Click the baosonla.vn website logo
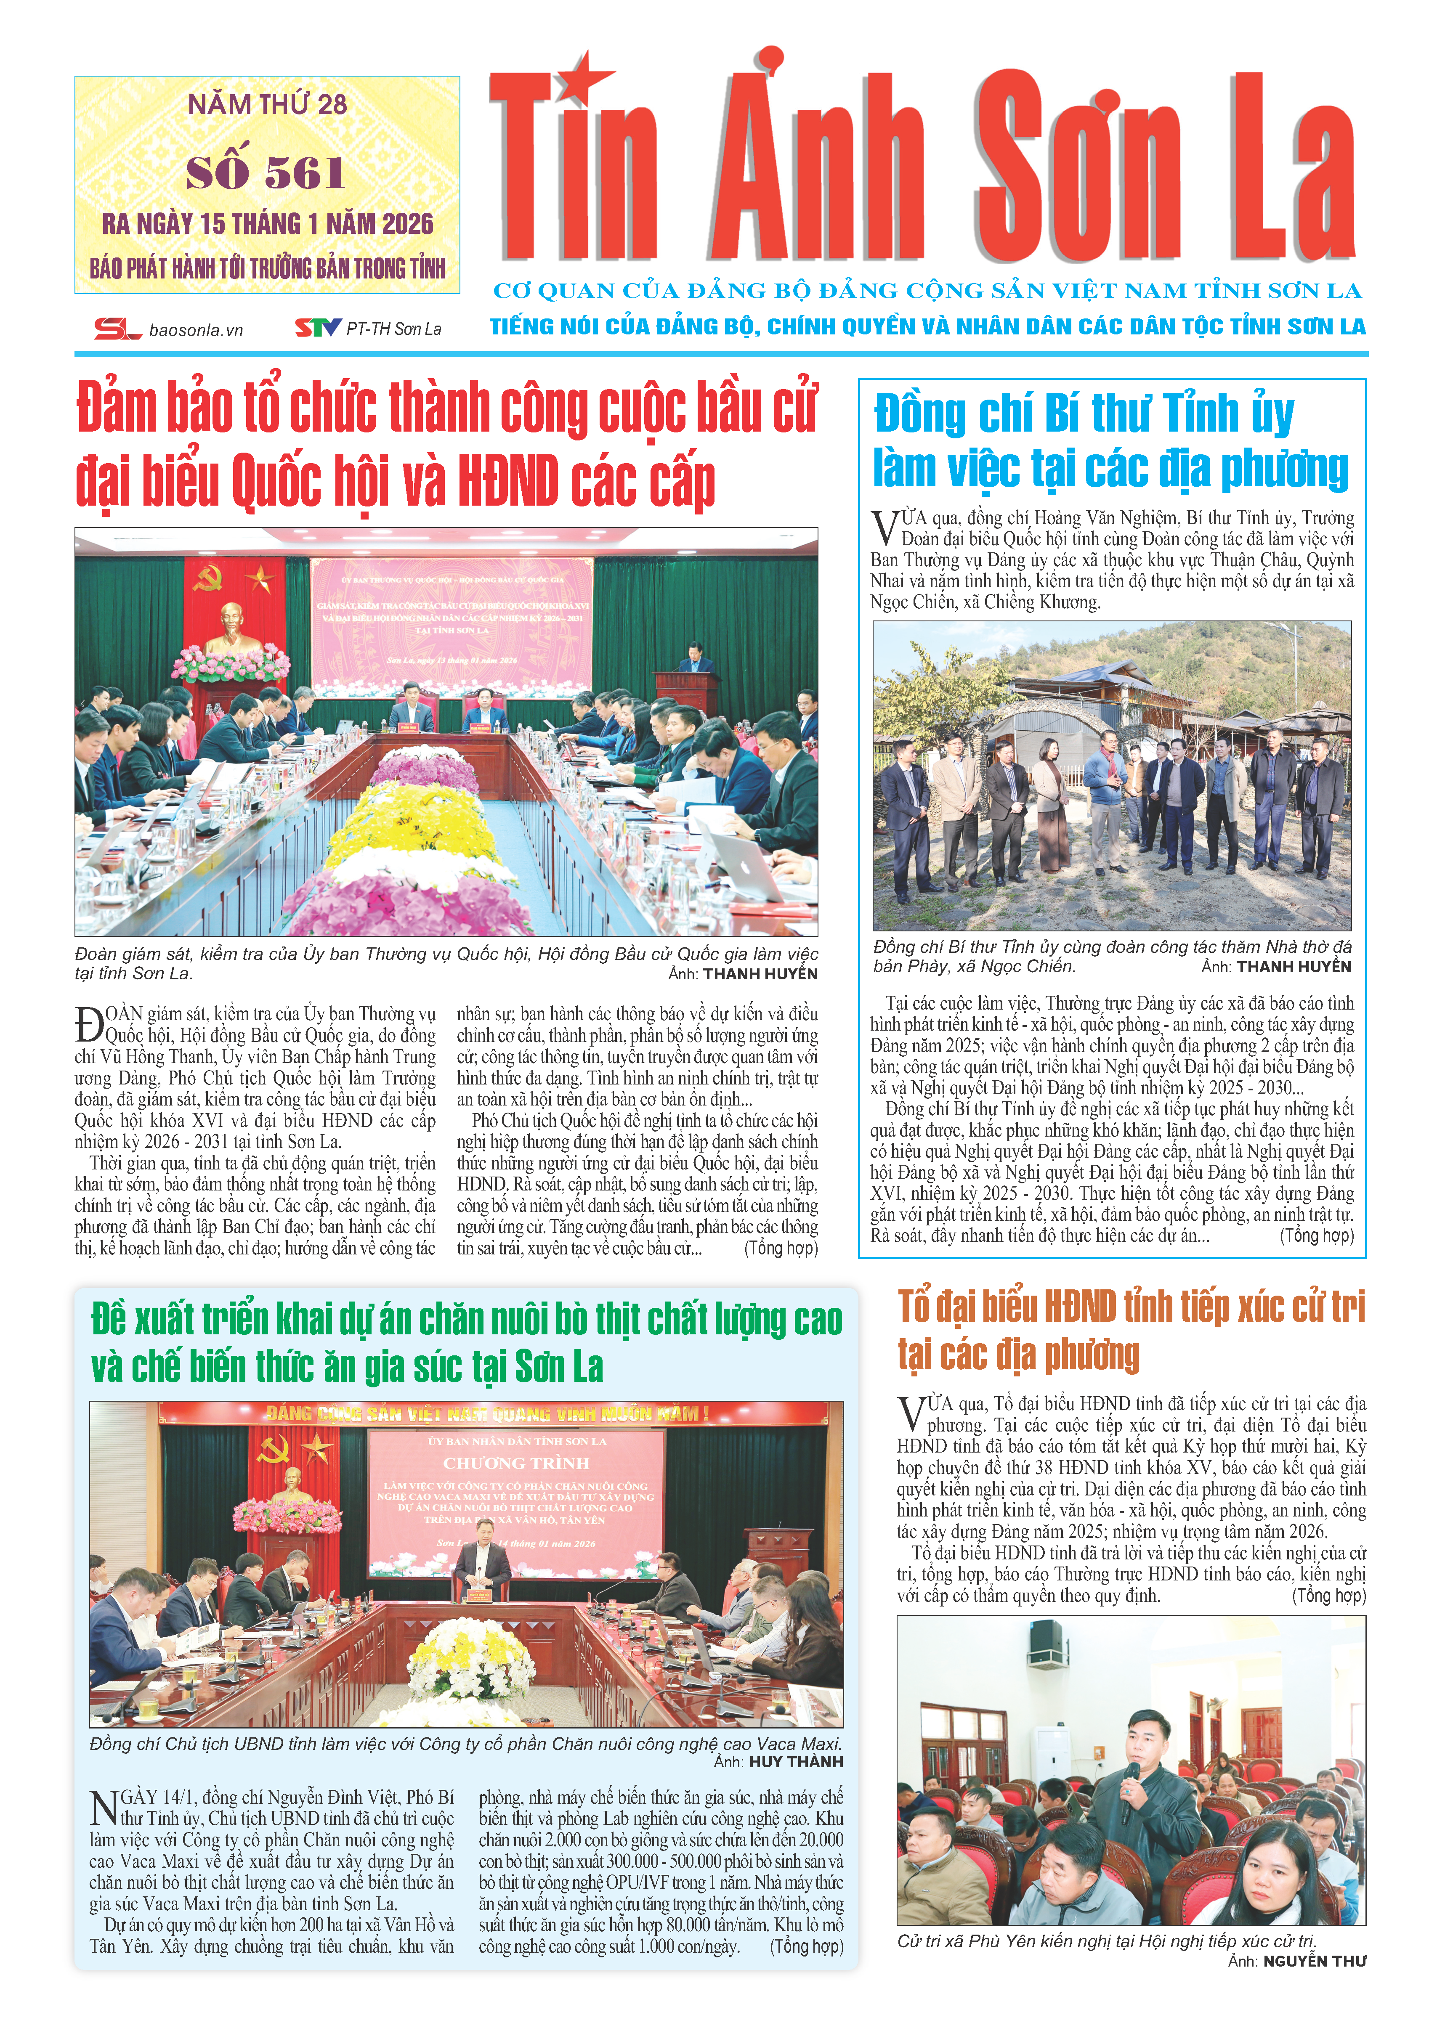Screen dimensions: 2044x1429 (x=169, y=329)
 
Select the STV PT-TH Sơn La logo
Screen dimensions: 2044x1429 (x=368, y=329)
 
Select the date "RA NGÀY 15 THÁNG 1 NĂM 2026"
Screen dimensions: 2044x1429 (x=267, y=223)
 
